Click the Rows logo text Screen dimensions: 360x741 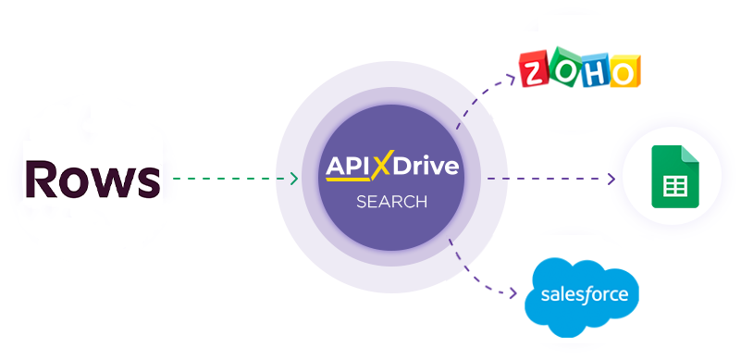(x=93, y=180)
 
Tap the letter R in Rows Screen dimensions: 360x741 (x=43, y=180)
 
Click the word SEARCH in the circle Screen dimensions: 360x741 (x=391, y=201)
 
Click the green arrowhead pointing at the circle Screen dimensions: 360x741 (x=293, y=179)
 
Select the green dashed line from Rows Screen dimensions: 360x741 (x=231, y=179)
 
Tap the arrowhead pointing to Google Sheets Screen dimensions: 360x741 (x=611, y=179)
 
